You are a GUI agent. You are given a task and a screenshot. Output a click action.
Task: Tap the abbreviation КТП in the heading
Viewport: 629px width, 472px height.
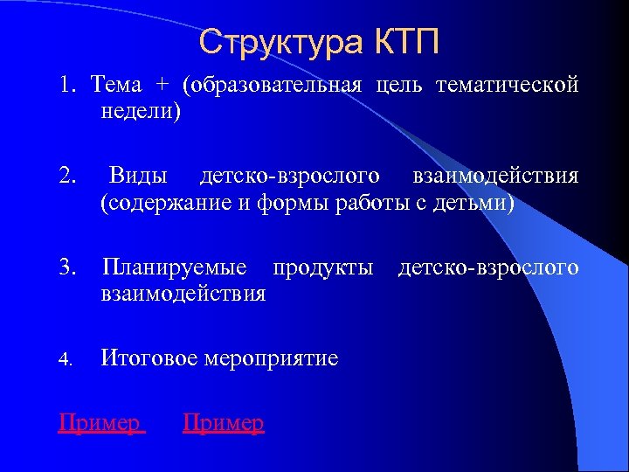click(408, 41)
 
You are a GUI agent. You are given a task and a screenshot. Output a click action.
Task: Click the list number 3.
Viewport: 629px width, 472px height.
click(67, 267)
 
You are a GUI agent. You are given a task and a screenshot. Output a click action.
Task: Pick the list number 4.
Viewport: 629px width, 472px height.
click(67, 358)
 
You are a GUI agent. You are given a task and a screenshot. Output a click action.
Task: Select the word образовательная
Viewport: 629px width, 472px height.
click(273, 85)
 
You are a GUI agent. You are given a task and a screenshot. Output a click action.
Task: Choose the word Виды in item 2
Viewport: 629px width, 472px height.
click(139, 177)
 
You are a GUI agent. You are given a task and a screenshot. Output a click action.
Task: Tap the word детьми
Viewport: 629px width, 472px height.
click(478, 204)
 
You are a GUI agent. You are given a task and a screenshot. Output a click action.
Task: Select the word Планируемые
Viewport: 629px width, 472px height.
click(174, 267)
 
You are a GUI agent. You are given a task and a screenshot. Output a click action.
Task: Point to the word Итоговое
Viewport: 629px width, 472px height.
click(148, 358)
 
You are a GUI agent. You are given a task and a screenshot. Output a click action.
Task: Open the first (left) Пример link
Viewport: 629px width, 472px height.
click(100, 423)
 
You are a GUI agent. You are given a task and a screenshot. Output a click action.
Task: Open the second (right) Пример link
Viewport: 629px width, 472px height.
click(223, 423)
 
